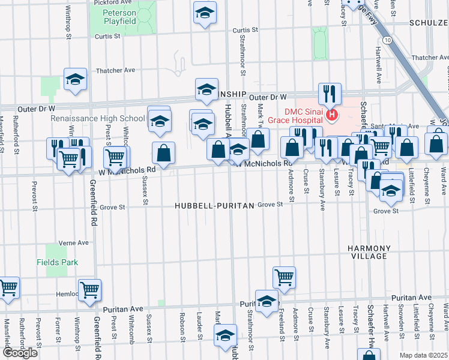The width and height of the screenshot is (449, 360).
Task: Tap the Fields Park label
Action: (x=57, y=262)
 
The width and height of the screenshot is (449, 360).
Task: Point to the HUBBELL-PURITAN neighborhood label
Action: (x=214, y=205)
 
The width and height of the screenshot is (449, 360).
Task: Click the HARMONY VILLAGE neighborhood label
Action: (x=369, y=252)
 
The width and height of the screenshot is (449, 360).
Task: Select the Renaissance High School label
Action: (x=98, y=118)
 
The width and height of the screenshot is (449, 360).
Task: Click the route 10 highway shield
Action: (x=389, y=40)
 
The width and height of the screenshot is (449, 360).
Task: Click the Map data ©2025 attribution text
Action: (x=423, y=355)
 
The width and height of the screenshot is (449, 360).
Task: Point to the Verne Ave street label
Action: (x=74, y=244)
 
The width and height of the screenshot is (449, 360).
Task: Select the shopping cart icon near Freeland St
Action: (x=284, y=277)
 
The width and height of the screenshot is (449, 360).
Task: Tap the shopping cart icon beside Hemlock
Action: (x=89, y=290)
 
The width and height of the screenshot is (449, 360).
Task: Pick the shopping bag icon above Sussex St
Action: (x=163, y=153)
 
